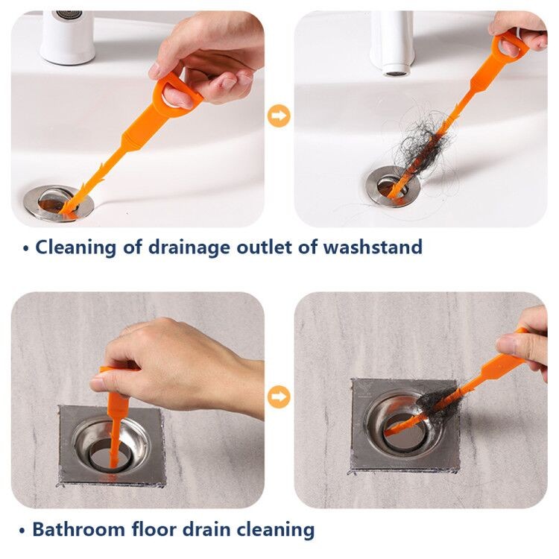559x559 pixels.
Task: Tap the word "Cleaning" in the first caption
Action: coord(76,247)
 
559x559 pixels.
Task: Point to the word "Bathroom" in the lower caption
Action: coord(79,529)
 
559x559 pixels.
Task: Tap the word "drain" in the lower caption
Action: coord(207,529)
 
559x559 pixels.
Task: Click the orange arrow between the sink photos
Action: coord(279,116)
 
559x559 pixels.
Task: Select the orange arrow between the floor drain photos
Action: coord(279,397)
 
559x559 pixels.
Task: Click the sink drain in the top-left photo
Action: coord(58,203)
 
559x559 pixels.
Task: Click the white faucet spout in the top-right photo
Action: coord(393,42)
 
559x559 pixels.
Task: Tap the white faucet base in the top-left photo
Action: coord(68,37)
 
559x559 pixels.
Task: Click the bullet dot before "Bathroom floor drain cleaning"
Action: coord(22,531)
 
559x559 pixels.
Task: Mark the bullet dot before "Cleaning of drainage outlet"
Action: coord(25,248)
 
